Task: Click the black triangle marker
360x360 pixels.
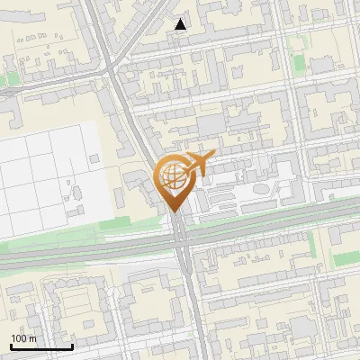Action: point(181,24)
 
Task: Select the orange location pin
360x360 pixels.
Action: point(176,180)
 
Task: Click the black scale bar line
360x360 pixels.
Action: point(41,346)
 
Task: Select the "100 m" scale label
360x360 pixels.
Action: point(23,338)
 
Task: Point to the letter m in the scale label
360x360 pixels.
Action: point(32,338)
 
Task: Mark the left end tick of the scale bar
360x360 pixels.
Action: point(11,345)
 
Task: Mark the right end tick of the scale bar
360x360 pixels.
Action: point(72,345)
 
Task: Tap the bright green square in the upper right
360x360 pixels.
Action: point(322,66)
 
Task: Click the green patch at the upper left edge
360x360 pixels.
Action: point(7,80)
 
